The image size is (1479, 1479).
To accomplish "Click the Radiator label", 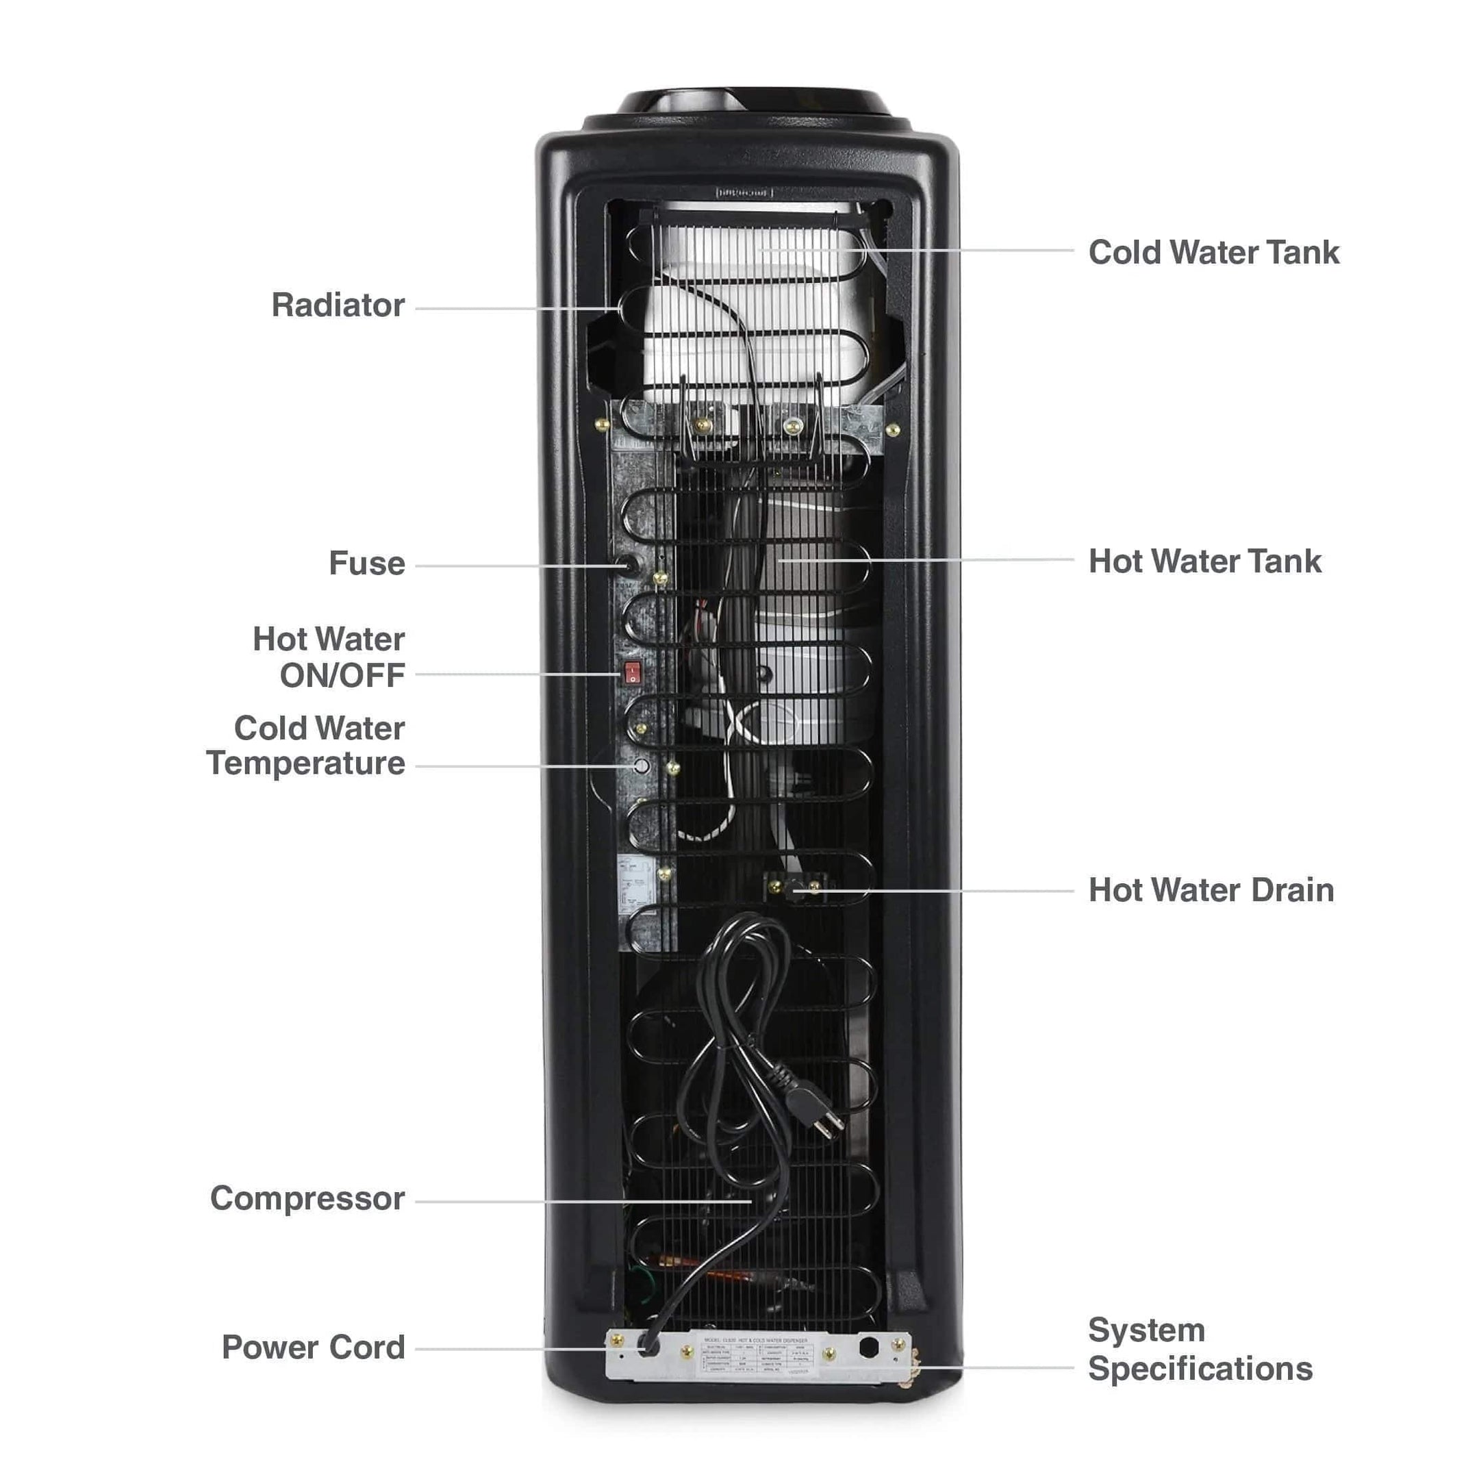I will coord(338,305).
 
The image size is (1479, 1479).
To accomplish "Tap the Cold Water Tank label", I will coord(1213,253).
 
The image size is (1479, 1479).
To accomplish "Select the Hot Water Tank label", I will coord(1204,561).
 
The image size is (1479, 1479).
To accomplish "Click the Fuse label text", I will coord(367,564).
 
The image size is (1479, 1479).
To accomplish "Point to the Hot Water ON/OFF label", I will coord(329,657).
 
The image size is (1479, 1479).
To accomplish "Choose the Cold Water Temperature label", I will coord(306,746).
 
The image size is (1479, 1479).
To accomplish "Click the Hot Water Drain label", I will coord(1211,890).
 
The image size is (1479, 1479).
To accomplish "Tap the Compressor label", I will coord(307,1199).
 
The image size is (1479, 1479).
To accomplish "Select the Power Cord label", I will coord(313,1348).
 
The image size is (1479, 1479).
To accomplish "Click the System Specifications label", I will coord(1200,1350).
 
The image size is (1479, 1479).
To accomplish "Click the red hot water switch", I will coord(631,673).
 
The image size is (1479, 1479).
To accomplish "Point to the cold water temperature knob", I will coord(642,766).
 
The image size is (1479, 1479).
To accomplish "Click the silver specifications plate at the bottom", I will coord(758,1356).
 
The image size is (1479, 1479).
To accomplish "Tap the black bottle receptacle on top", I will coord(754,103).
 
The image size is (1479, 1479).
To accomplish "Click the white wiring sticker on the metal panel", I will coord(635,883).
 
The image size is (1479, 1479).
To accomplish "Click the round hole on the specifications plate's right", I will coord(868,1348).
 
